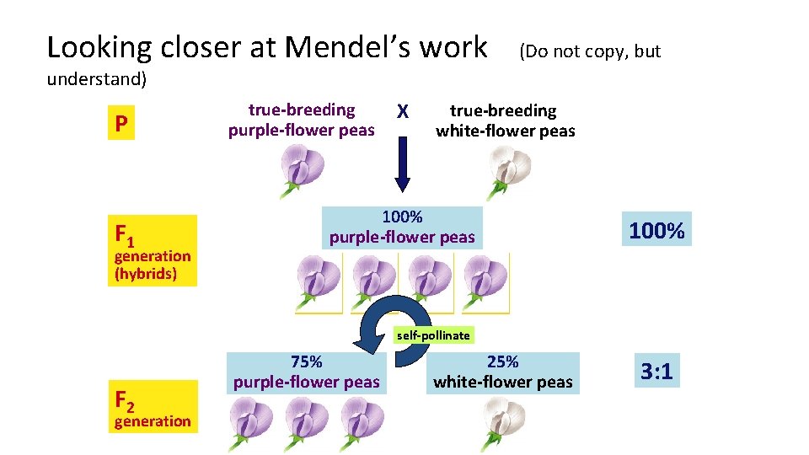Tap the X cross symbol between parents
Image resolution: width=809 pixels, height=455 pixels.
403,112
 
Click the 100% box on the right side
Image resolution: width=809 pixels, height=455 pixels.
657,229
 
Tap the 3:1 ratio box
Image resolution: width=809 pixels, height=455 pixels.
657,371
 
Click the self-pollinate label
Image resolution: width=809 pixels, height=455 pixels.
433,335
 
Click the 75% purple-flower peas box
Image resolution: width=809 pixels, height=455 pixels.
306,372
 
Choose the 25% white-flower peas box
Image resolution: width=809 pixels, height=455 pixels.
503,372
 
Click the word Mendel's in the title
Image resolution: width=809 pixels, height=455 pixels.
387,47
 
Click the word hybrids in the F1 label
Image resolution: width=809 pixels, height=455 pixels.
146,274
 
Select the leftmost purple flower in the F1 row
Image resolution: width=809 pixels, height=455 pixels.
319,278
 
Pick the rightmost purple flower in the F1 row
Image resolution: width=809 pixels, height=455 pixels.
486,278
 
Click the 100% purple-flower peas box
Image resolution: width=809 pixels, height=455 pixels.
402,227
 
